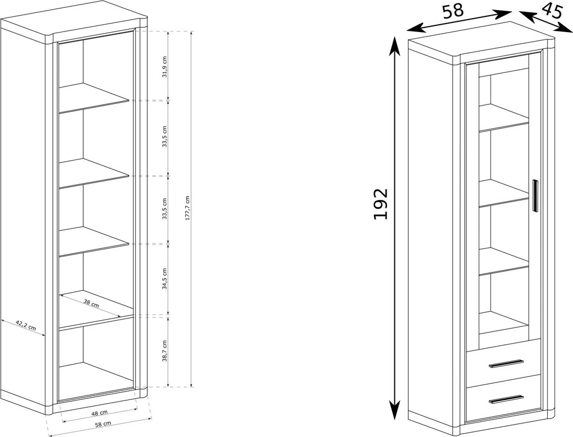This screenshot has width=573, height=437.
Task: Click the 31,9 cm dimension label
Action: click(165, 66)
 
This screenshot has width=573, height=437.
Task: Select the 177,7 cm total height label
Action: click(188, 207)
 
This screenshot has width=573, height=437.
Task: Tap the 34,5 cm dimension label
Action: click(165, 279)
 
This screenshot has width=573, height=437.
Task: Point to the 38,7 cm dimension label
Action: click(165, 350)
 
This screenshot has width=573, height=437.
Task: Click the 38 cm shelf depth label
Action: click(91, 303)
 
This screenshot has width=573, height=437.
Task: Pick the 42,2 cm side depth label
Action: click(26, 325)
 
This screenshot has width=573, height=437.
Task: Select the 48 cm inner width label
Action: click(99, 413)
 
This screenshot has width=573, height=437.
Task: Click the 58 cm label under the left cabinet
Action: click(102, 424)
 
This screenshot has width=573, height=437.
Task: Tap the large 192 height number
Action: click(380, 204)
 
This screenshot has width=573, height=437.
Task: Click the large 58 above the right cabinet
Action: click(453, 11)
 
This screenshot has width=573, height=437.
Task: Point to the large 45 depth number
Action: click(551, 11)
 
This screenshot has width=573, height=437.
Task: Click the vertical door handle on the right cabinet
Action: click(535, 196)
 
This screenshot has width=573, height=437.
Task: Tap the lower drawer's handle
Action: click(506, 399)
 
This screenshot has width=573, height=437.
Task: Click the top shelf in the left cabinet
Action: click(94, 98)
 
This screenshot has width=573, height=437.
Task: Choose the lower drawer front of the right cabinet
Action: click(503, 395)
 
